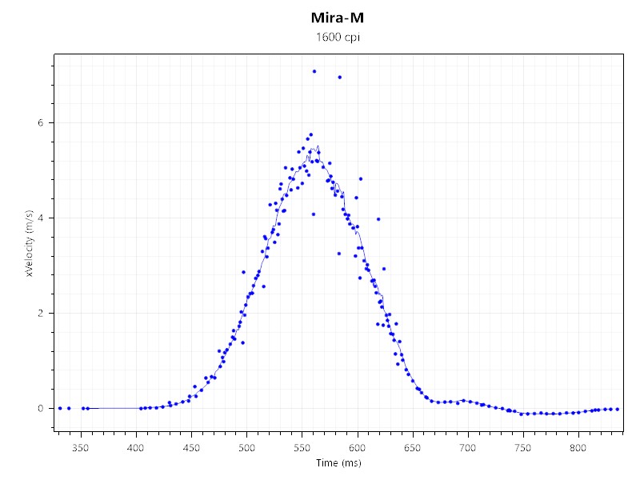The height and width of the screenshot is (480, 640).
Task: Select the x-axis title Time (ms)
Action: click(x=338, y=463)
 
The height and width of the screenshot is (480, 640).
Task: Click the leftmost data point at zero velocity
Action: click(x=60, y=408)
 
